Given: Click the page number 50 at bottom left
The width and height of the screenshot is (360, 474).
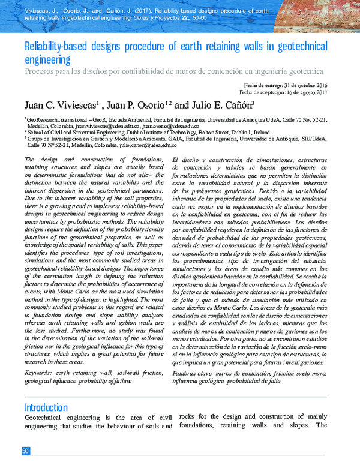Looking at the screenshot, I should [x=26, y=451].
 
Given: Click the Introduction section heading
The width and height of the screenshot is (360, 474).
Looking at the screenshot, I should [x=46, y=407].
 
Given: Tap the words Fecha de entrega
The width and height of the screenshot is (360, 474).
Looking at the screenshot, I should [x=260, y=85].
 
